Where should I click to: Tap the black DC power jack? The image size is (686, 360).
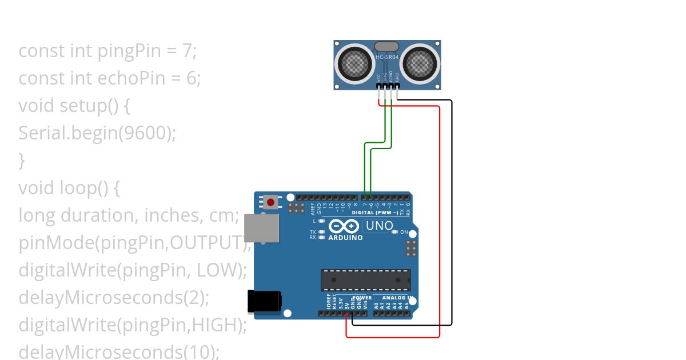click(x=264, y=301)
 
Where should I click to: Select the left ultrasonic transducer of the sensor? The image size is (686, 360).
click(x=355, y=64)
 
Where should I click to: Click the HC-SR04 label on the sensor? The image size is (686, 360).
click(x=387, y=58)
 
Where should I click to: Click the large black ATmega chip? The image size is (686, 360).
click(x=365, y=280)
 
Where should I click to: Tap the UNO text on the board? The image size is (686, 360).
click(x=379, y=226)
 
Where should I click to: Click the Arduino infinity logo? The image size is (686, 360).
click(x=345, y=226)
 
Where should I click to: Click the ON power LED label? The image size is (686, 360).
click(x=404, y=232)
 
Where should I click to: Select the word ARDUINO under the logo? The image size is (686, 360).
click(x=345, y=238)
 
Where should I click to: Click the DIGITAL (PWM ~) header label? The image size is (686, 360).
click(x=378, y=212)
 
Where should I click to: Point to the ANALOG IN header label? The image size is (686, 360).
click(x=394, y=298)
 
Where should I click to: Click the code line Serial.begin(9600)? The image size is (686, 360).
click(x=97, y=133)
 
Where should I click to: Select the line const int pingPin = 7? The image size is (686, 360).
click(x=107, y=51)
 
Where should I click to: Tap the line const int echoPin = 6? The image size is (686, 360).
click(x=110, y=78)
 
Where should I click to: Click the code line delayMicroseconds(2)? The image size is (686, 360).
click(x=114, y=298)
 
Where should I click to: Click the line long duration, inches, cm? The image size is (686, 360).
click(x=129, y=215)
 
